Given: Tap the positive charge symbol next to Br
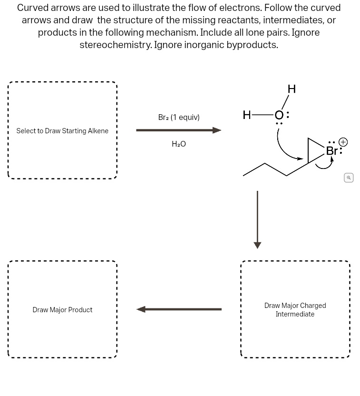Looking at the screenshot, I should click(x=343, y=142).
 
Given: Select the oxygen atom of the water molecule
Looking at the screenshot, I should click(x=279, y=115).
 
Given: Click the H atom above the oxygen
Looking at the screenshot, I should click(x=292, y=89).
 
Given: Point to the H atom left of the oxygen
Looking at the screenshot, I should click(x=246, y=115).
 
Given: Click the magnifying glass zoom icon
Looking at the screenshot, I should click(x=349, y=178).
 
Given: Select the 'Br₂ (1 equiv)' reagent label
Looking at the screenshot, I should click(x=179, y=117).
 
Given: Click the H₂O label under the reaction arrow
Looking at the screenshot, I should click(x=179, y=144).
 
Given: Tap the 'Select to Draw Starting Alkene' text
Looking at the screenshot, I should click(x=62, y=131).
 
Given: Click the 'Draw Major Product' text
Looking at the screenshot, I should click(x=62, y=310).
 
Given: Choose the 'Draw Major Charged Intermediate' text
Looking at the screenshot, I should click(x=295, y=310).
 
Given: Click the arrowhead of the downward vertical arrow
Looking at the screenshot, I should click(x=257, y=245).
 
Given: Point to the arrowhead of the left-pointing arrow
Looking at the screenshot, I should click(x=141, y=309).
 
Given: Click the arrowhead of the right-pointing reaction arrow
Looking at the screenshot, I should click(x=217, y=130).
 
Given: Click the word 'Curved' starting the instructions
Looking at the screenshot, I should click(x=33, y=8).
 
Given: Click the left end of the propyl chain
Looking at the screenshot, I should click(x=244, y=175).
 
